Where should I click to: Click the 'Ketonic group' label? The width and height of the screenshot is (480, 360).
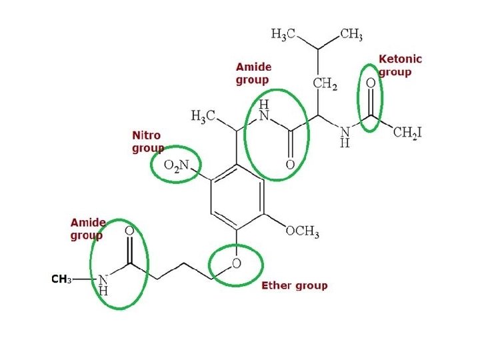[400, 65]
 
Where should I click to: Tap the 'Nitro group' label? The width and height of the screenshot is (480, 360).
[147, 142]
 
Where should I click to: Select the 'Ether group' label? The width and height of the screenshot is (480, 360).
[294, 285]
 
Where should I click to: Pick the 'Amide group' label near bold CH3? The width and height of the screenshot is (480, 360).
[88, 229]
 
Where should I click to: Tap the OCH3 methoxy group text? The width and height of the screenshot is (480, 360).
[302, 232]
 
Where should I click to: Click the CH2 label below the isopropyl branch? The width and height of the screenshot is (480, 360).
[325, 83]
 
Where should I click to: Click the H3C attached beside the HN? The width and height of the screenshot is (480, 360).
[203, 117]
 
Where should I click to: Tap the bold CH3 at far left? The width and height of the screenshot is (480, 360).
[61, 279]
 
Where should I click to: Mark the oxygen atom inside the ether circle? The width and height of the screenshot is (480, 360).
[236, 264]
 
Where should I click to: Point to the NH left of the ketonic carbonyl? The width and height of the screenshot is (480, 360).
[345, 136]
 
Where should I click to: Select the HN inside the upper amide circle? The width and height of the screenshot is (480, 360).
[264, 111]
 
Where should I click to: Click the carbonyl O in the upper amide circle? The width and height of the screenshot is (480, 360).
[290, 164]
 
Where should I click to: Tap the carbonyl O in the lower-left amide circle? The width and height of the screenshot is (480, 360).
[129, 231]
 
